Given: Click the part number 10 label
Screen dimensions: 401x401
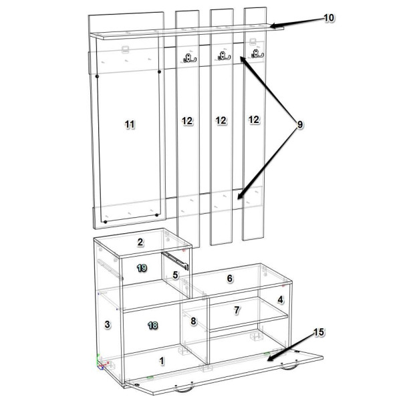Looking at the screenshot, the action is coord(329,18).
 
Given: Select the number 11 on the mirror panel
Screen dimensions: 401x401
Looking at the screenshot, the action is coord(130,124).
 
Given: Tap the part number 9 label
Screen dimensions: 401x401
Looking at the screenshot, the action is coord(299,124).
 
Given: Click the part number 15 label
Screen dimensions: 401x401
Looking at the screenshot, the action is coord(319,332).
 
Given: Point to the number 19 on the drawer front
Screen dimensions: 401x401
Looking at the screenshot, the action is coord(142,268).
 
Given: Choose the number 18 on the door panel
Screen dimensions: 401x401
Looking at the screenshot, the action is coord(152,325).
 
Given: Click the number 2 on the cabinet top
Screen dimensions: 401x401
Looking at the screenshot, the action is coord(140,242).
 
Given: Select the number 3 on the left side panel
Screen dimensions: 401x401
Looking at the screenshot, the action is coord(108,324).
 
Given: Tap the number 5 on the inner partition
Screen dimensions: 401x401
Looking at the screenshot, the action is coord(175,275).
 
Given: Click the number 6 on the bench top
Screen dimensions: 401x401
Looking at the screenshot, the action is coord(230,278).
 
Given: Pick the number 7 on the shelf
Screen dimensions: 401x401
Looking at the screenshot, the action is coord(237,310).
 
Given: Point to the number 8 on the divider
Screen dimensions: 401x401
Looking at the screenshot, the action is coord(193,321).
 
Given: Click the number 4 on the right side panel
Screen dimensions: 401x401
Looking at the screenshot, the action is coord(280,299).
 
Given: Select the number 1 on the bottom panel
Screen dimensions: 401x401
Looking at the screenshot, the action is coord(161,361).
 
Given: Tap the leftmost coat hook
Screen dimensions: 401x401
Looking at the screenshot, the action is coord(190,58).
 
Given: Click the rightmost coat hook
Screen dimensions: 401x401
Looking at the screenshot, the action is coord(257,53).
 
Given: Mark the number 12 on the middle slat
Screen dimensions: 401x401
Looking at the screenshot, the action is coord(221,120).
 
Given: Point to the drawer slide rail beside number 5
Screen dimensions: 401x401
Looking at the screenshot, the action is coord(175,261).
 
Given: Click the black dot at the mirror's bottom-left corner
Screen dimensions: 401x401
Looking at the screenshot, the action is coord(105,222).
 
